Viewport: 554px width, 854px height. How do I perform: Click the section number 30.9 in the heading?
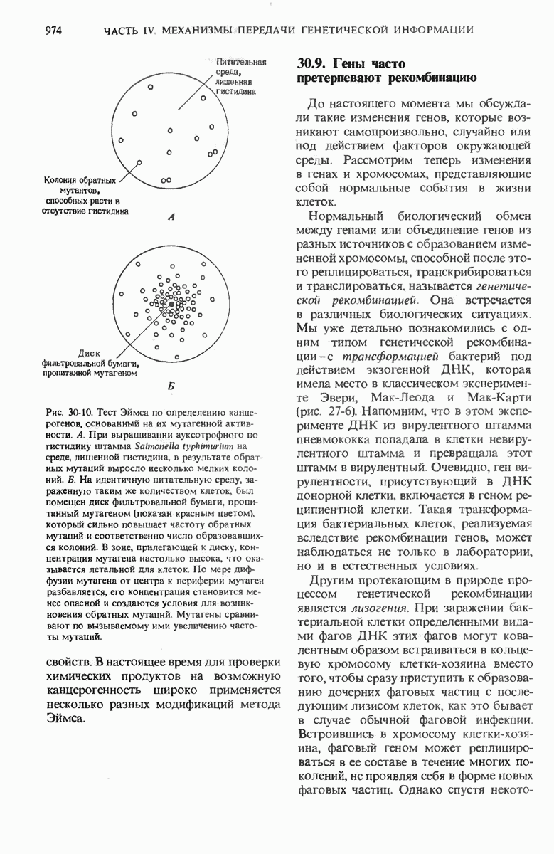point(310,65)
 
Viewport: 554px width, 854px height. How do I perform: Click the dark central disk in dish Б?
point(171,304)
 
